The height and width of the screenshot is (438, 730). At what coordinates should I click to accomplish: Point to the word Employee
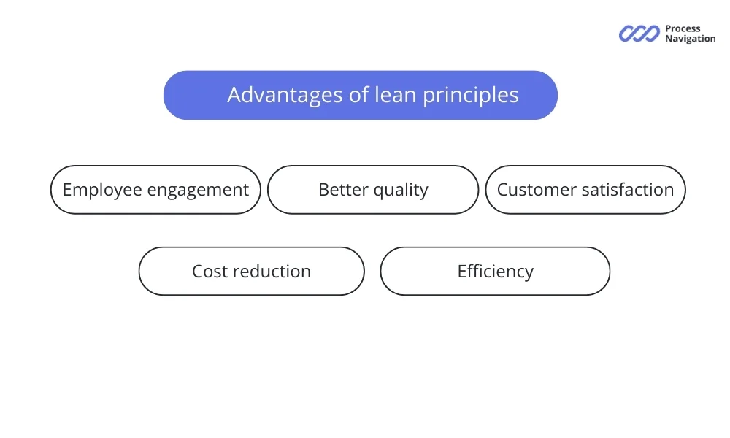tap(101, 190)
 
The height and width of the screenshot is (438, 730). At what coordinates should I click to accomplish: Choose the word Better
tap(343, 190)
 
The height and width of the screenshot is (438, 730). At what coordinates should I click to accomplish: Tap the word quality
tap(401, 191)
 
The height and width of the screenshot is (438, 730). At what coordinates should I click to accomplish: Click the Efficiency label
tap(495, 272)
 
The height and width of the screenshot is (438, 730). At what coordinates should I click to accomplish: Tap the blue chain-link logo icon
tap(639, 34)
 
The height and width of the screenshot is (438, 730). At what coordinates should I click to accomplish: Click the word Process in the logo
tap(683, 29)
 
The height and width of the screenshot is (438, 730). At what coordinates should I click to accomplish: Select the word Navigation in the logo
tap(690, 39)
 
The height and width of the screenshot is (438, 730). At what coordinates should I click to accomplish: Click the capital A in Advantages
tap(235, 95)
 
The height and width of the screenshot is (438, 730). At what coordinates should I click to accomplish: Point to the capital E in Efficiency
tap(462, 272)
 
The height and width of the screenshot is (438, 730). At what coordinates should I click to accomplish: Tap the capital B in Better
tap(324, 190)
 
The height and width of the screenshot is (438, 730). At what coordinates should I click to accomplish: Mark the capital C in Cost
tap(198, 272)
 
